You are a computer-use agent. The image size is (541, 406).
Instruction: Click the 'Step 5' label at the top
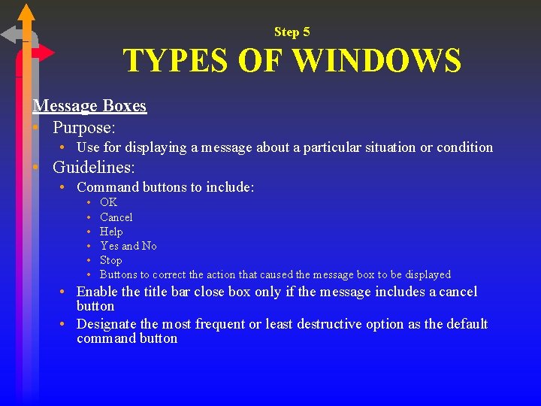292,32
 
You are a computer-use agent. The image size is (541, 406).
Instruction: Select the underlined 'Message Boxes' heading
89,106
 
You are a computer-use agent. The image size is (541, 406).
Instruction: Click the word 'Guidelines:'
93,167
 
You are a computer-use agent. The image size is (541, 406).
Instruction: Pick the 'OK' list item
108,202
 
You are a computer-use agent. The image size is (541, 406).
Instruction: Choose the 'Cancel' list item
116,217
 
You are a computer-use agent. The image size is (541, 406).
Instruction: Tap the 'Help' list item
111,232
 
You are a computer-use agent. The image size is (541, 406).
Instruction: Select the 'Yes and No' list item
128,246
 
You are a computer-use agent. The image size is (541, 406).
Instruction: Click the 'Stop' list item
110,260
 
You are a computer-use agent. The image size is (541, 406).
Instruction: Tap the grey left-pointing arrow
11,35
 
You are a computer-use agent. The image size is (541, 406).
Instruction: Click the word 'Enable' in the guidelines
97,292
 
